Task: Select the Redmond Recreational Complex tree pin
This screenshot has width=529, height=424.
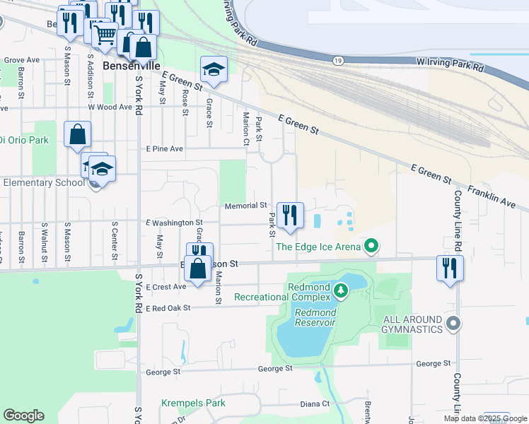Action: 341,290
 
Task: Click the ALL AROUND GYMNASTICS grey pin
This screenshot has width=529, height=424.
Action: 454,324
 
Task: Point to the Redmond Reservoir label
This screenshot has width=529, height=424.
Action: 315,317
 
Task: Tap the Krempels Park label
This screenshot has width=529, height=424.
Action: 193,403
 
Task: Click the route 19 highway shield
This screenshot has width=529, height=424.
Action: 339,61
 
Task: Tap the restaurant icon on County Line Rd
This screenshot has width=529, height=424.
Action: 450,268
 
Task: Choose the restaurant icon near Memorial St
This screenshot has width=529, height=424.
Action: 289,215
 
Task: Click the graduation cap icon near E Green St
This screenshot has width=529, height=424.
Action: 214,69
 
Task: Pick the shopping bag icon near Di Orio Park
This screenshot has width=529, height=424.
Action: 77,134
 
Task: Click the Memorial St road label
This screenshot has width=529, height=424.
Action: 245,206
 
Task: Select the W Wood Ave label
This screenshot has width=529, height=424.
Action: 110,107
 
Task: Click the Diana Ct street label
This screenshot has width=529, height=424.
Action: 315,404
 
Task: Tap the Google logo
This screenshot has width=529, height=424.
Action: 23,416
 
